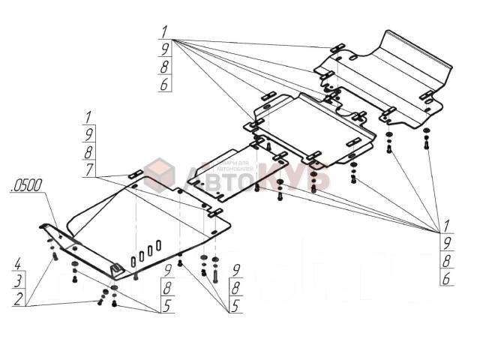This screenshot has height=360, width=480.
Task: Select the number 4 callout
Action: point(16,265)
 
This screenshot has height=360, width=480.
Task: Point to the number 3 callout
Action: point(16,283)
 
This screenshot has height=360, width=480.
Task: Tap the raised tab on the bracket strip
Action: point(116,269)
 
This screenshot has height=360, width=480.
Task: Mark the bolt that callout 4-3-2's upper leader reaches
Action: point(55,257)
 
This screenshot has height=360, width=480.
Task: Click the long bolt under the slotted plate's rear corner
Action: point(215,276)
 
